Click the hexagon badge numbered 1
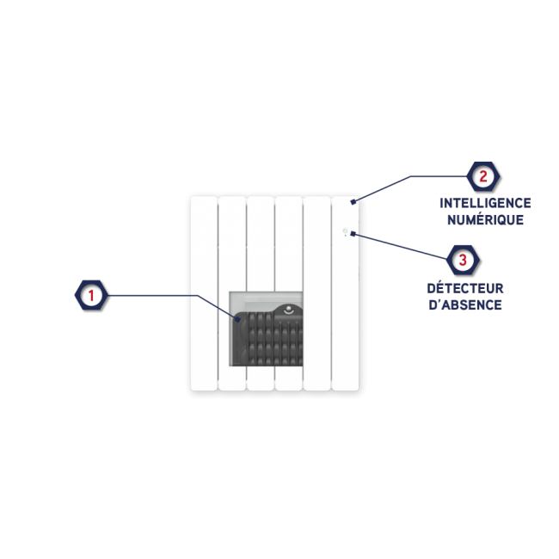coord(90,297)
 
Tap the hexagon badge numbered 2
coord(482,177)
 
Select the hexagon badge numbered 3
coord(463,259)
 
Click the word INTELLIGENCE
coord(485,203)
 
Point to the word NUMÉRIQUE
coord(485,219)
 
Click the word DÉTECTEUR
coord(465,288)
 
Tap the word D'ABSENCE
coord(465,304)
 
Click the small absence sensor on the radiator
coord(345,230)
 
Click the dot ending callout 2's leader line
coord(353,202)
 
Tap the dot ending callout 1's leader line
coord(241,320)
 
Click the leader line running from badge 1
coord(155,296)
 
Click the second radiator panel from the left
coord(232,258)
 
